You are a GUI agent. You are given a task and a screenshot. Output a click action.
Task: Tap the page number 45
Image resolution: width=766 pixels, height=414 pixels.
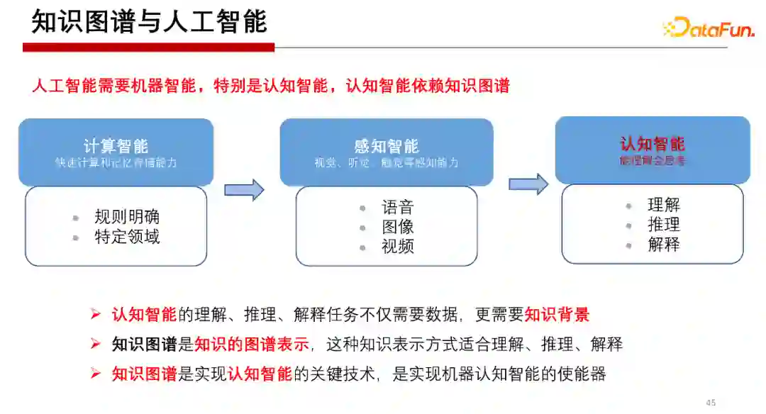[x=711, y=403]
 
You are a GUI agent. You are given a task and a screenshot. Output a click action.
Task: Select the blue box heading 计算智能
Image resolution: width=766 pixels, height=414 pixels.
[x=116, y=146]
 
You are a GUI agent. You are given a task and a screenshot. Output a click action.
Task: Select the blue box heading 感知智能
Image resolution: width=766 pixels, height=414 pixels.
[x=387, y=146]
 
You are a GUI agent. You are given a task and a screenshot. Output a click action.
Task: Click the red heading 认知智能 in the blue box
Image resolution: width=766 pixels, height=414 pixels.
[x=653, y=144]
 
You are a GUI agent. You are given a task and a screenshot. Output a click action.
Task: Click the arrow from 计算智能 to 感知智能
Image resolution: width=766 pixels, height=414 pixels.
[x=244, y=189]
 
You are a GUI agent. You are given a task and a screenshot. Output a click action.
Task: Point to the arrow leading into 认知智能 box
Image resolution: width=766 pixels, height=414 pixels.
[x=528, y=184]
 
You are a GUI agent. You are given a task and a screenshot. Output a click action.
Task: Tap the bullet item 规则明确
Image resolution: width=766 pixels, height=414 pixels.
[x=127, y=217]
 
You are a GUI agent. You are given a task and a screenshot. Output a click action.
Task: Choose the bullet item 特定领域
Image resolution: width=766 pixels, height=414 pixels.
[x=127, y=237]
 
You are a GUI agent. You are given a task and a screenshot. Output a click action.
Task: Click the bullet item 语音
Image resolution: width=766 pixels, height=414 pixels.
[x=397, y=208]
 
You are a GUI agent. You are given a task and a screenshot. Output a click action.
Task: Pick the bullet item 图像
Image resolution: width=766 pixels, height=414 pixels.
[x=397, y=227]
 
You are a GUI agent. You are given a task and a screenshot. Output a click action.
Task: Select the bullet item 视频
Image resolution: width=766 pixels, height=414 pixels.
[x=397, y=247]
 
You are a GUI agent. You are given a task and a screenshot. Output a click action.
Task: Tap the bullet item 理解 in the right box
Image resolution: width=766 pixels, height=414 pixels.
[x=664, y=205]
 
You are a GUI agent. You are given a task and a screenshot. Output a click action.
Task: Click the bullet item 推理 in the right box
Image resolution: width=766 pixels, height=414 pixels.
[x=664, y=225]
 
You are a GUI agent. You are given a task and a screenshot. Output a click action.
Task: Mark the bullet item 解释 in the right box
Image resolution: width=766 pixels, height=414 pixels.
[x=664, y=245]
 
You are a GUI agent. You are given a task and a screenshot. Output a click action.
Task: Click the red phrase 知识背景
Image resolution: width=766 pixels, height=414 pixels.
[x=557, y=315]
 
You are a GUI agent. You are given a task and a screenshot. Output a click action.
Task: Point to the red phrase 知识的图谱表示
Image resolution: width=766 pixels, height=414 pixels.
[x=252, y=345]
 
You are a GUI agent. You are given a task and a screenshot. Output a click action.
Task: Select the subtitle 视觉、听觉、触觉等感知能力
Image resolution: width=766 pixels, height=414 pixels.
[x=387, y=162]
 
